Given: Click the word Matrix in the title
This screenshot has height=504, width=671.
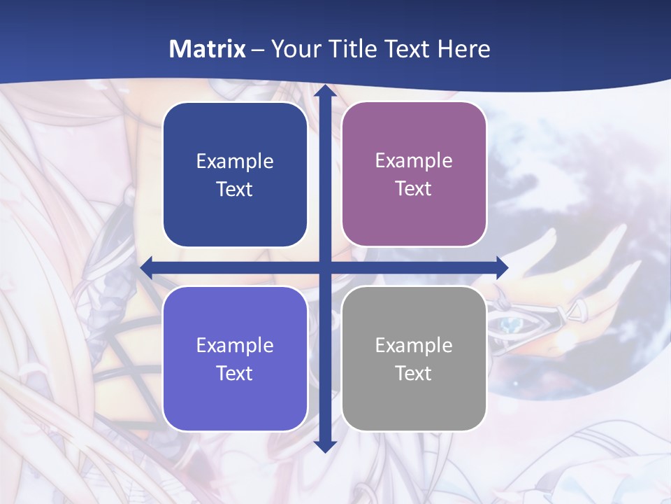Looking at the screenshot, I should [208, 49].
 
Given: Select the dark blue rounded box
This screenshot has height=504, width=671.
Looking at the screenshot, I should [235, 175].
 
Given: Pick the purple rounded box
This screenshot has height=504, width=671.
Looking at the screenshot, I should [414, 175].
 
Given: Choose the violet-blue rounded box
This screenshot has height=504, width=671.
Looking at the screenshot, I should [235, 359].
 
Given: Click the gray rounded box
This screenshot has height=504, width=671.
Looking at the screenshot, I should [414, 359].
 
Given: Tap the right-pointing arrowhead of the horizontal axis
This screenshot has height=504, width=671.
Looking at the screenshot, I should [501, 267].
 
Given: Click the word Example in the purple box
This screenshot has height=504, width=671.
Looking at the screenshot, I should [414, 161].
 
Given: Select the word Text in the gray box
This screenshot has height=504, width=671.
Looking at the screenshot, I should [414, 373].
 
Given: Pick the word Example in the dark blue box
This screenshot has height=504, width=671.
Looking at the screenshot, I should [235, 162].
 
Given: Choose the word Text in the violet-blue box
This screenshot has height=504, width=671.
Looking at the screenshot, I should [235, 373].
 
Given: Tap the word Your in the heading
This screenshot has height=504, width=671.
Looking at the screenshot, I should [293, 49].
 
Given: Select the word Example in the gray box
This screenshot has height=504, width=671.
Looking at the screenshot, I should [414, 345].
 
